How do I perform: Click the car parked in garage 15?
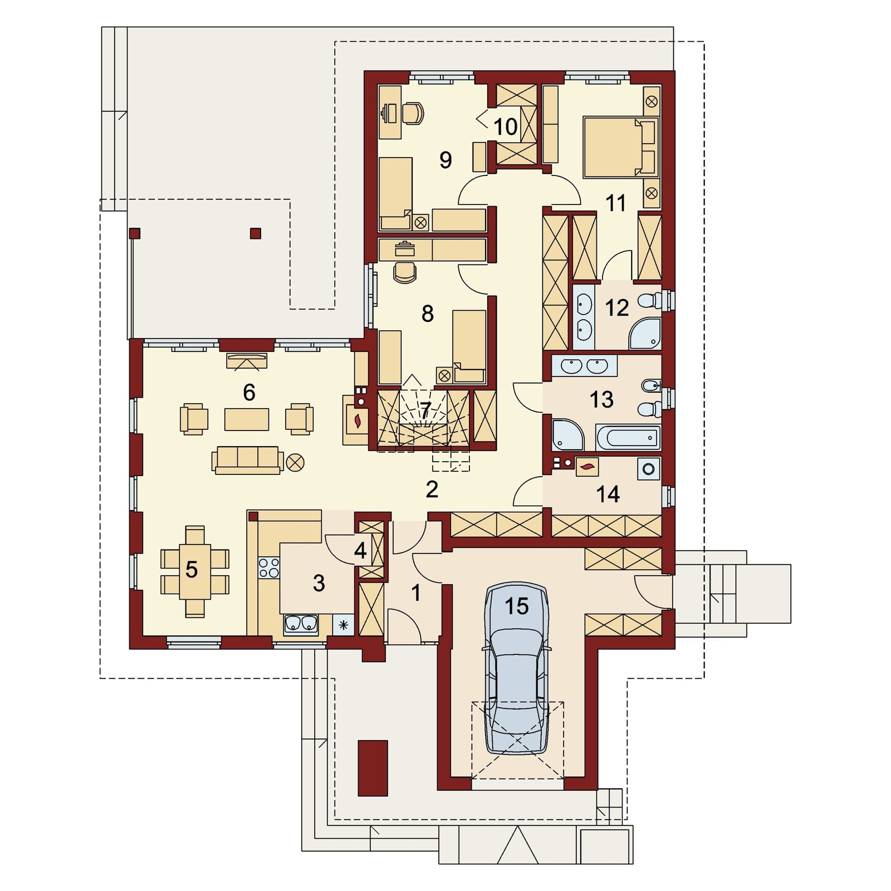[x=517, y=668]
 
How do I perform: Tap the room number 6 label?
[x=249, y=393]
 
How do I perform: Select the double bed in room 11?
[x=620, y=147]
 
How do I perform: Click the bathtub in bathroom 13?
[x=628, y=438]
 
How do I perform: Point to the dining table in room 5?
[x=194, y=571]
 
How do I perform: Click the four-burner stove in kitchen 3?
[x=269, y=567]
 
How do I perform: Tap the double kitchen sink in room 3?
[x=301, y=625]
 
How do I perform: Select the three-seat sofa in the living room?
[x=247, y=460]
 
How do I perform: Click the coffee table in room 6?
[x=247, y=419]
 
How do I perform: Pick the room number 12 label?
[x=616, y=307]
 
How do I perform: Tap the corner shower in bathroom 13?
[x=567, y=435]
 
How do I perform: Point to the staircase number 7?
[x=425, y=411]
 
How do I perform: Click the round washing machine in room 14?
[x=649, y=469]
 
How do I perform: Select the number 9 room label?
[x=445, y=160]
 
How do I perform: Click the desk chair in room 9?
[x=413, y=113]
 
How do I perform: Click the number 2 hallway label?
[x=432, y=489]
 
